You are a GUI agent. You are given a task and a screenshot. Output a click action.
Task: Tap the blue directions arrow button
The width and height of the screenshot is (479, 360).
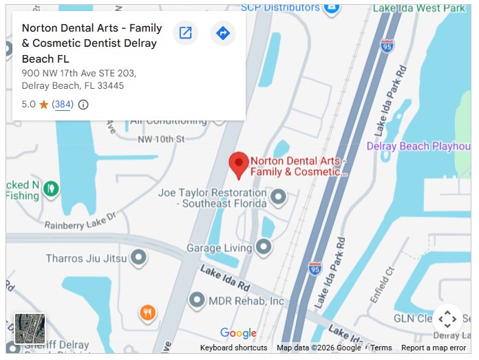222,33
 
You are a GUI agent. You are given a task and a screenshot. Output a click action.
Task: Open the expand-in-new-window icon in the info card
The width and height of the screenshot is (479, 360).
185,33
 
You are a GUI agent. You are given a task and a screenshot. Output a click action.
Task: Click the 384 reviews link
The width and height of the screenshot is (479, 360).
63,105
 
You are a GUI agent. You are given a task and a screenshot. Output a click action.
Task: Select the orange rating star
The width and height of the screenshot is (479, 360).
43,105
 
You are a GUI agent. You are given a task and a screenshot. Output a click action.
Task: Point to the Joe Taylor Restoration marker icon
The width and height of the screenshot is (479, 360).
278,198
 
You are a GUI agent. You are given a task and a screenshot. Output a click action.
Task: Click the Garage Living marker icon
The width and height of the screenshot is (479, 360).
264,246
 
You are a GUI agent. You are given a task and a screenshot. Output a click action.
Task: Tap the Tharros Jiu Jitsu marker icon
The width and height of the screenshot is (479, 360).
138,258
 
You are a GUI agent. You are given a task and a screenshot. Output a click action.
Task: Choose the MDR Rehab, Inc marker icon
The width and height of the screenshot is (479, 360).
197,300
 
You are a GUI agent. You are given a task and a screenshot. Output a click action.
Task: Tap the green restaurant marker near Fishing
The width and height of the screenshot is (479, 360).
50,188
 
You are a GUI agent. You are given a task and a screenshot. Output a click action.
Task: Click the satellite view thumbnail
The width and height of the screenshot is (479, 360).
30,329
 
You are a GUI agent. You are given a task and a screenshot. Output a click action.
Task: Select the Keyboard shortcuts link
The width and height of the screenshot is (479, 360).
233,348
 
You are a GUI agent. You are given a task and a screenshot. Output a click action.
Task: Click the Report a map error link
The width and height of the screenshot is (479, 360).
434,348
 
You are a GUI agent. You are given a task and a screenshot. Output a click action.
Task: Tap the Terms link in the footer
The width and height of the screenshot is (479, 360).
381,348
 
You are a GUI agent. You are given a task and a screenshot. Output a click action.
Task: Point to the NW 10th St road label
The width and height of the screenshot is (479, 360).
161,139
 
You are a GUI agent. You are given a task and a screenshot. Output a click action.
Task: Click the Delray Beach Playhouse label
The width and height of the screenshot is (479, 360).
418,146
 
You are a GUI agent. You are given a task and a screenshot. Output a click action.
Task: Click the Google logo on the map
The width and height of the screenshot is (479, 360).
238,333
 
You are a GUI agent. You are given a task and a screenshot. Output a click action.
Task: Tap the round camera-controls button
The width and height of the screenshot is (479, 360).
447,319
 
